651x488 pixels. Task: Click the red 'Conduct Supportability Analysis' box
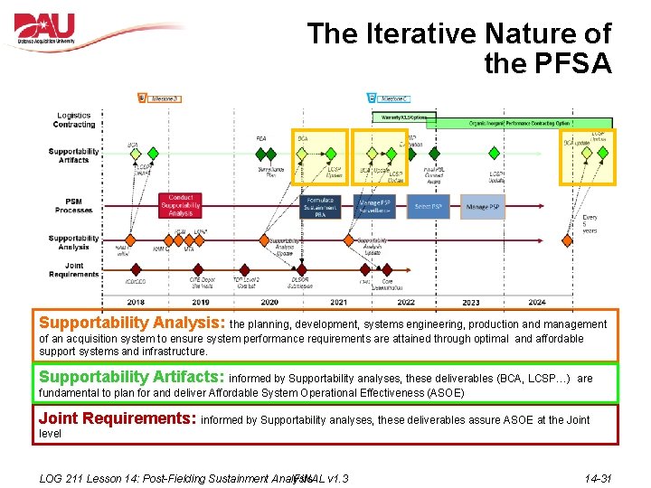[180, 205]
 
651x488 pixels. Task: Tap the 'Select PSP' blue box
[428, 206]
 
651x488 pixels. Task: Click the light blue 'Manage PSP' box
[482, 206]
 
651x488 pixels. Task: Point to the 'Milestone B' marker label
[164, 98]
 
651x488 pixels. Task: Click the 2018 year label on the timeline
[135, 302]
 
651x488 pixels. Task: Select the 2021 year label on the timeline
[338, 302]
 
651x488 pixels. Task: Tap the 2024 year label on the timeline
[537, 302]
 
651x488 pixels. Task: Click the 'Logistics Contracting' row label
[74, 120]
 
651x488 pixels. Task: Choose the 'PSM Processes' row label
[74, 205]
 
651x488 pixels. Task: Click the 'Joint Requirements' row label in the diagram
[74, 269]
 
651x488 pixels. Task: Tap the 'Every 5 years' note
[590, 224]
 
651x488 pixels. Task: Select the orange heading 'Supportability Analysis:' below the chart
[131, 323]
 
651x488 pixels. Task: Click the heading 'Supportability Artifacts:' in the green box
[131, 377]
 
